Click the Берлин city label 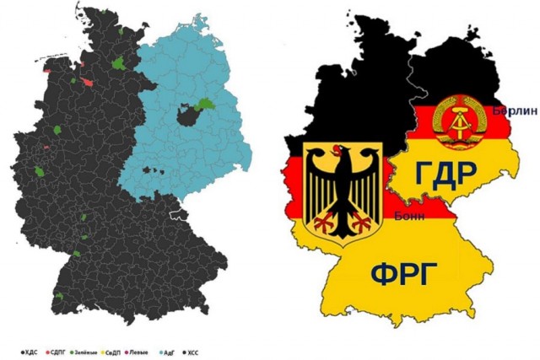pyautogui.click(x=509, y=112)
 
